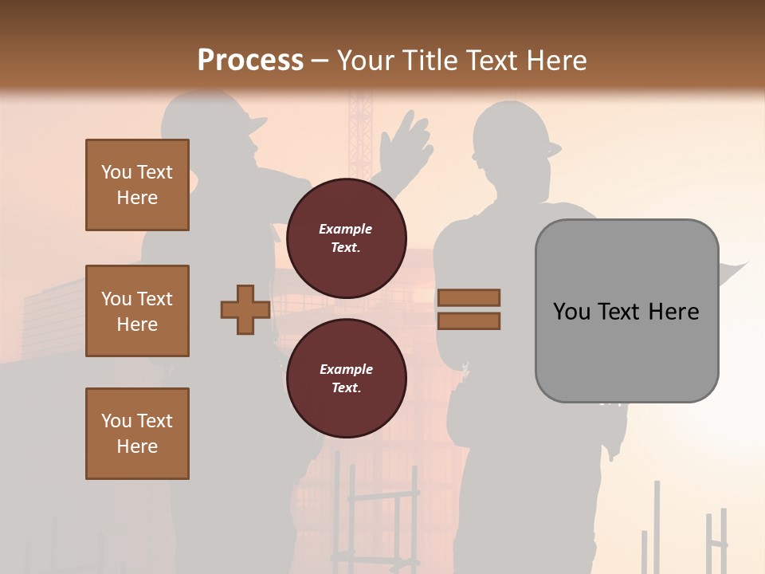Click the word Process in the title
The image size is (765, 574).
click(x=250, y=61)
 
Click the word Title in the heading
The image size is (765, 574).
click(x=429, y=61)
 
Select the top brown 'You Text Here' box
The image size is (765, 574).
click(x=137, y=185)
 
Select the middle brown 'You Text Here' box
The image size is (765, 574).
click(x=137, y=311)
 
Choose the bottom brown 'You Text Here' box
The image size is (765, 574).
click(x=137, y=433)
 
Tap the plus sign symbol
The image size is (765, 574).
click(x=245, y=309)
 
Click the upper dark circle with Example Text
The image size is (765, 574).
click(x=346, y=238)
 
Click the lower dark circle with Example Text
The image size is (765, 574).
click(x=346, y=378)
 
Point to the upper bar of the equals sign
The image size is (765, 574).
click(x=469, y=297)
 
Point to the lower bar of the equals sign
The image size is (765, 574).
click(x=469, y=320)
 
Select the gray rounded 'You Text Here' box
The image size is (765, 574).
click(x=626, y=311)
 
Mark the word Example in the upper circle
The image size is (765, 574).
click(x=346, y=229)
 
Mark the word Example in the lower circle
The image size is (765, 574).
click(x=346, y=369)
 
